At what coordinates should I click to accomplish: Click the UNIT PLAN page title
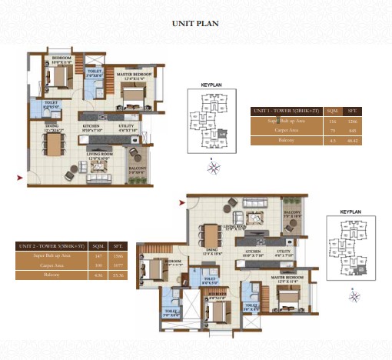pos(195,24)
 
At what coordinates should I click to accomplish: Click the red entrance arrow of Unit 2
pos(182,203)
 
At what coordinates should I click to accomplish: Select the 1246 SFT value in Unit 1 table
pos(353,122)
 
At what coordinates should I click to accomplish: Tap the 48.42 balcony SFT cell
pos(353,141)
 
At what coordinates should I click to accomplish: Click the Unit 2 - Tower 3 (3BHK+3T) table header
pos(51,246)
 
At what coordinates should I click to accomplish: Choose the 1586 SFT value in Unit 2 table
pos(118,256)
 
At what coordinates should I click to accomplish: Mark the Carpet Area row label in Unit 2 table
pos(51,265)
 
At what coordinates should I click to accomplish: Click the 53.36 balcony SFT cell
pos(118,275)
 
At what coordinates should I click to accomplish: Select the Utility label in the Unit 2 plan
pos(283,251)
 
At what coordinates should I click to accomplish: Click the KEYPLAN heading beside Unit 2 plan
pos(350,210)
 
